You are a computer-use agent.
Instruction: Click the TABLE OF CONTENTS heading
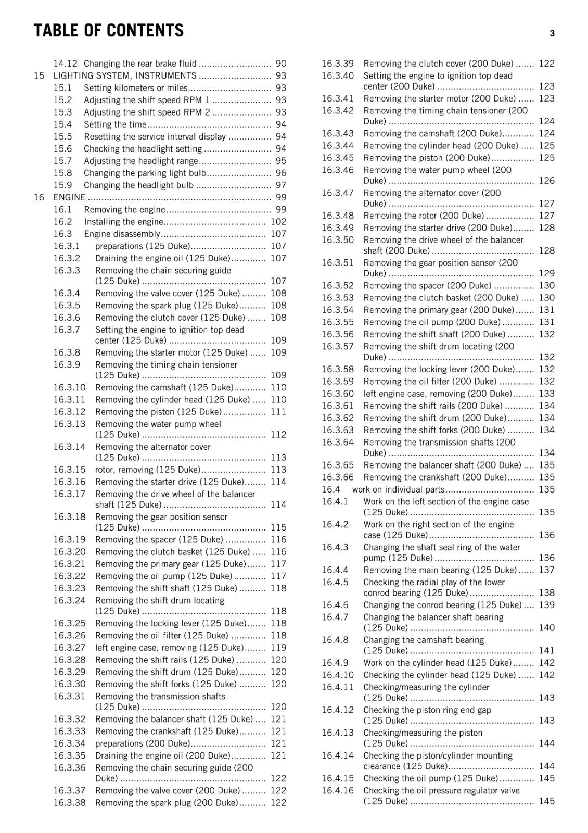[x=109, y=31]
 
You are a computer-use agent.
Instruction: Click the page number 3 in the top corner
[x=552, y=33]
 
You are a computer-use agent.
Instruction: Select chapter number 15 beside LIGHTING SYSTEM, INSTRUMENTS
[x=39, y=75]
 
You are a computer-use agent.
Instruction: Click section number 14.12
[x=65, y=64]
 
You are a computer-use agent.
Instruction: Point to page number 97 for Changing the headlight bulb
[x=280, y=185]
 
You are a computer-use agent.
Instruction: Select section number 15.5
[x=62, y=136]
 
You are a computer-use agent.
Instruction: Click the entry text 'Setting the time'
[x=115, y=124]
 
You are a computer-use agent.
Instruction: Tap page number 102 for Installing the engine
[x=278, y=222]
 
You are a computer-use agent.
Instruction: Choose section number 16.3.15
[x=69, y=470]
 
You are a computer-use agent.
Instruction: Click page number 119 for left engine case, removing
[x=278, y=648]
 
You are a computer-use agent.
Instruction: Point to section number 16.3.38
[x=69, y=803]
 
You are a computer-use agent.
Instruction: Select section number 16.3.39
[x=337, y=64]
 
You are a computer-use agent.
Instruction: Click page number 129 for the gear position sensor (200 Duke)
[x=546, y=273]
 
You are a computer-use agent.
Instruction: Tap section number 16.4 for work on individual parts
[x=331, y=489]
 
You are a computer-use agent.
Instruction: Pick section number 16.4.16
[x=337, y=790]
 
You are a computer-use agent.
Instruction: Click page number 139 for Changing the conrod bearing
[x=546, y=605]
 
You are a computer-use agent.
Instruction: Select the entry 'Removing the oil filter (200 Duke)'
[x=430, y=382]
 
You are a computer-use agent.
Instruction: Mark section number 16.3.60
[x=337, y=394]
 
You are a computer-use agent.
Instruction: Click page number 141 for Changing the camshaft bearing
[x=546, y=650]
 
